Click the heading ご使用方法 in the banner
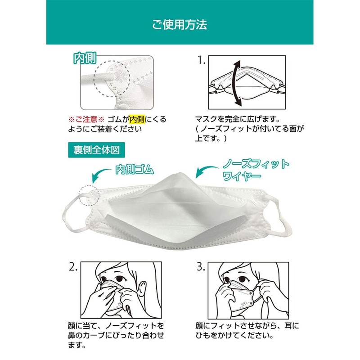(180, 24)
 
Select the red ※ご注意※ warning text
(86, 119)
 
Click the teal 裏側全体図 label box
(96, 148)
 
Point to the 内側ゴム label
(135, 170)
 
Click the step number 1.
(201, 60)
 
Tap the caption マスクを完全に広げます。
(237, 120)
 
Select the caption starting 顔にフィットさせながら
(247, 330)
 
